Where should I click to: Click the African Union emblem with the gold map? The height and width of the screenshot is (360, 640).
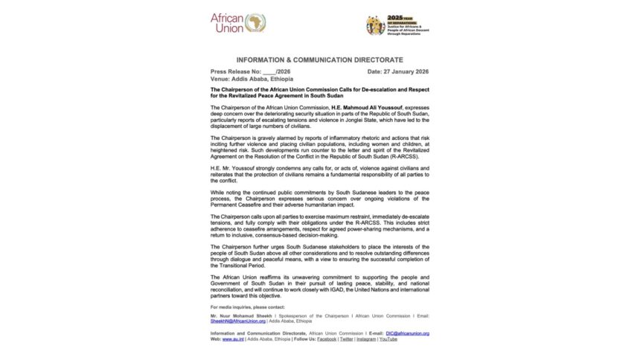[x=255, y=22]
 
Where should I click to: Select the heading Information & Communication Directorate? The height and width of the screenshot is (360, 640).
[x=319, y=59]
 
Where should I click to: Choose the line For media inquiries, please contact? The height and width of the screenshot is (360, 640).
[x=247, y=306]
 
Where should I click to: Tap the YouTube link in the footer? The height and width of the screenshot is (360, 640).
[x=387, y=338]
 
